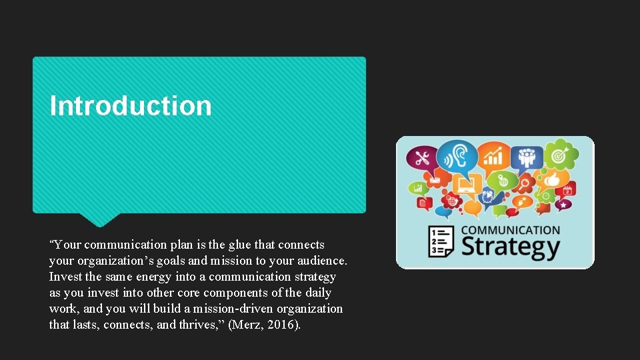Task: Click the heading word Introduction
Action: coord(131,106)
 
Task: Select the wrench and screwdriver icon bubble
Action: coord(423,159)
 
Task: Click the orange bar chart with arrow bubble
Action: coord(493,157)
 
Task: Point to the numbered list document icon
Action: coord(441,241)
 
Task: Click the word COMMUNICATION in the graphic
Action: coord(511,230)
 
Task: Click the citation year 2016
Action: coord(282,325)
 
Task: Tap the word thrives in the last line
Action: coord(201,325)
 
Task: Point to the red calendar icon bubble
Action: coord(567,190)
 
